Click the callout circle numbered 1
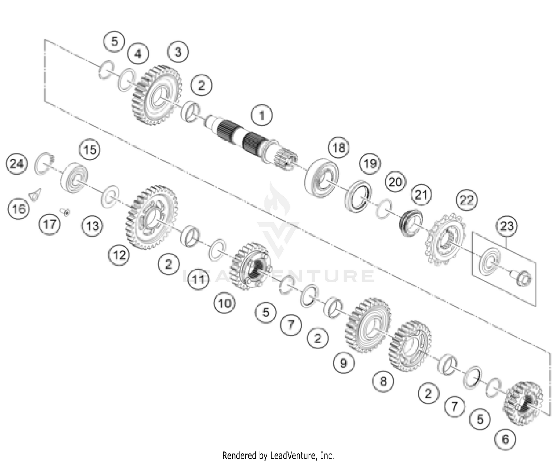pyautogui.click(x=262, y=115)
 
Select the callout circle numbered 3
pyautogui.click(x=178, y=52)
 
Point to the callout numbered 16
pyautogui.click(x=19, y=209)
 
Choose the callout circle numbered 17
pyautogui.click(x=50, y=224)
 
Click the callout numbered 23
pyautogui.click(x=507, y=226)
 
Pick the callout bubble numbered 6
pyautogui.click(x=505, y=439)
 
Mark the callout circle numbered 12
pyautogui.click(x=119, y=255)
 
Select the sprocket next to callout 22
pyautogui.click(x=445, y=239)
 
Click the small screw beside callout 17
pyautogui.click(x=66, y=211)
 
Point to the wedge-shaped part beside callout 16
pyautogui.click(x=35, y=194)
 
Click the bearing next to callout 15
pyautogui.click(x=74, y=178)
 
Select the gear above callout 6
pyautogui.click(x=522, y=403)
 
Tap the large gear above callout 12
pyautogui.click(x=150, y=217)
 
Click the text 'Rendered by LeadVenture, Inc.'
pyautogui.click(x=278, y=455)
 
